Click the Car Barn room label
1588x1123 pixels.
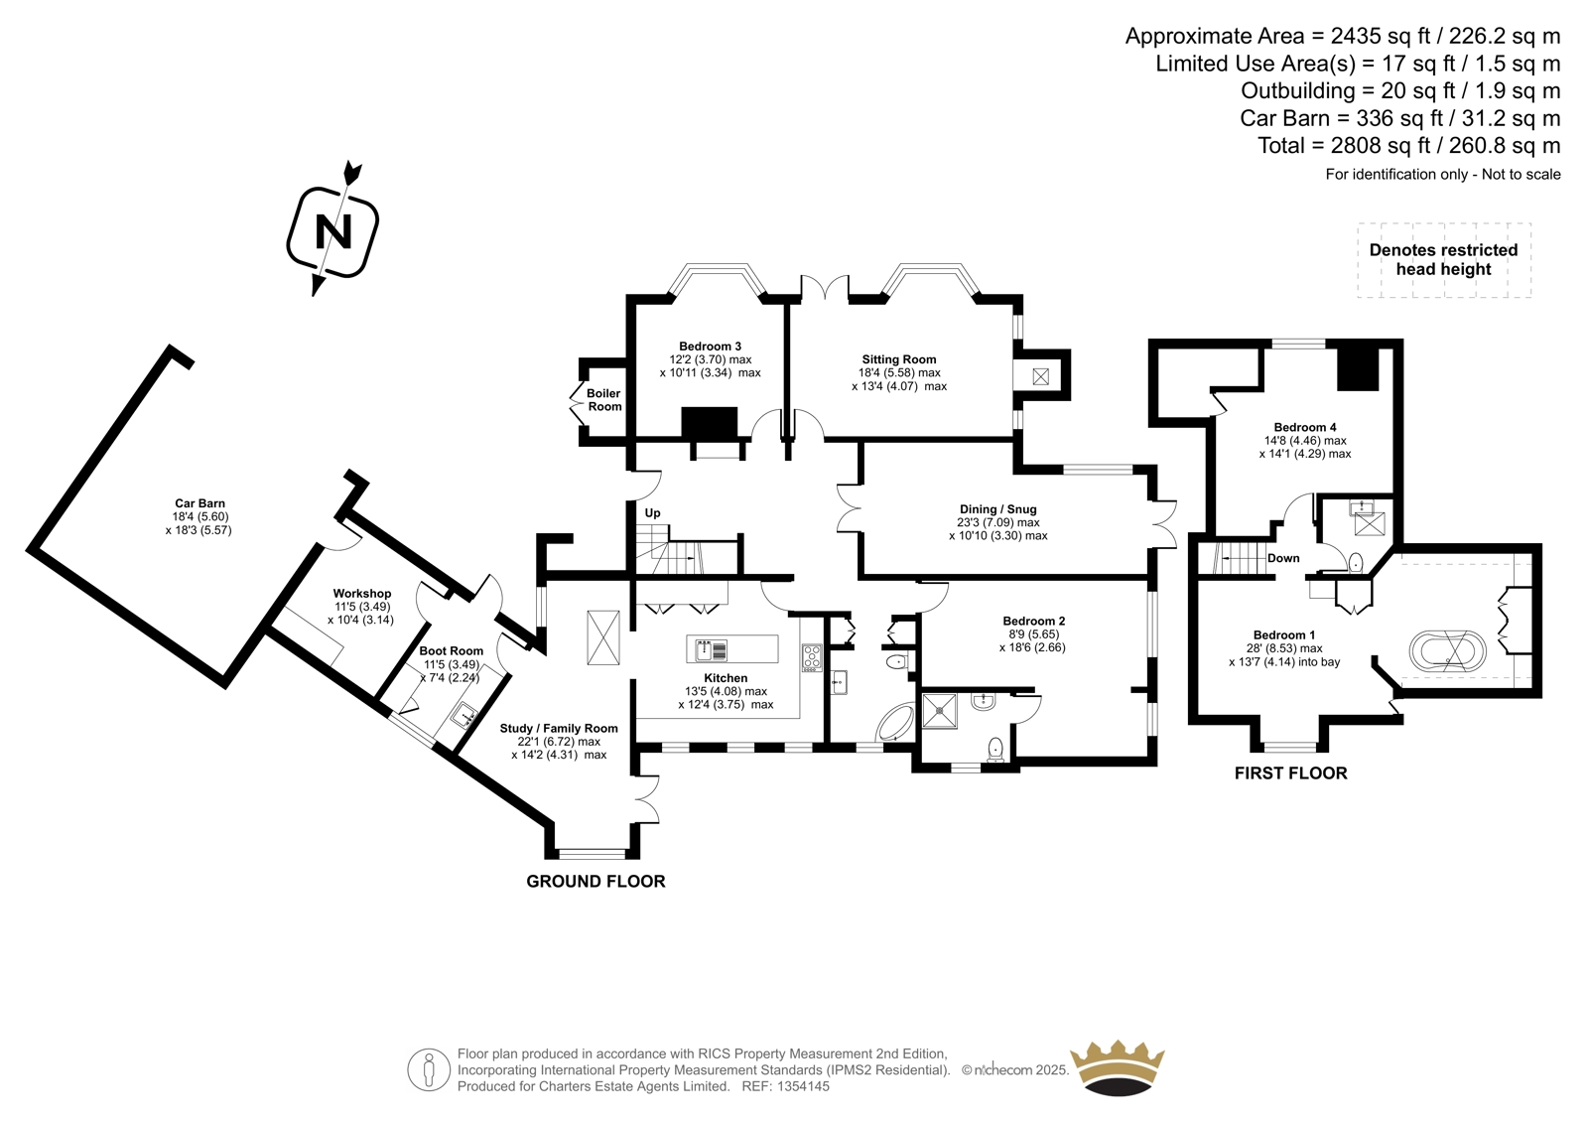pos(199,503)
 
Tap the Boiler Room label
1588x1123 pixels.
pos(603,400)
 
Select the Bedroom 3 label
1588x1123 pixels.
pos(710,347)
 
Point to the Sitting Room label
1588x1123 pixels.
pos(898,359)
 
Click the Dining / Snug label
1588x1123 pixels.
pos(997,509)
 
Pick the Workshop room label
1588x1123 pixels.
pos(361,594)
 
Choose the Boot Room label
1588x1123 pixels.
pos(451,651)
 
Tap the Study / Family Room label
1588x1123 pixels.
pos(559,729)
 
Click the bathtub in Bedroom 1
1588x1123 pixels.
pos(1448,651)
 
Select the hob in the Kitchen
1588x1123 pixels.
pos(812,657)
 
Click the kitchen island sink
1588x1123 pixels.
pos(712,650)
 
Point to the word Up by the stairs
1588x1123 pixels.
pos(652,513)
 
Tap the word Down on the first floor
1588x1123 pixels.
pos(1283,558)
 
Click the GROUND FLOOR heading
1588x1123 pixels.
pos(595,882)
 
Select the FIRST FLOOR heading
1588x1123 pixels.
pos(1290,773)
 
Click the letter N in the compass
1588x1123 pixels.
pos(333,232)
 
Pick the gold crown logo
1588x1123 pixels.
pos(1118,1067)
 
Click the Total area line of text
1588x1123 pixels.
pos(1408,146)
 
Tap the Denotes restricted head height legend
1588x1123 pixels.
pos(1443,260)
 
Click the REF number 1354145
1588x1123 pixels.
pos(785,1086)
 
